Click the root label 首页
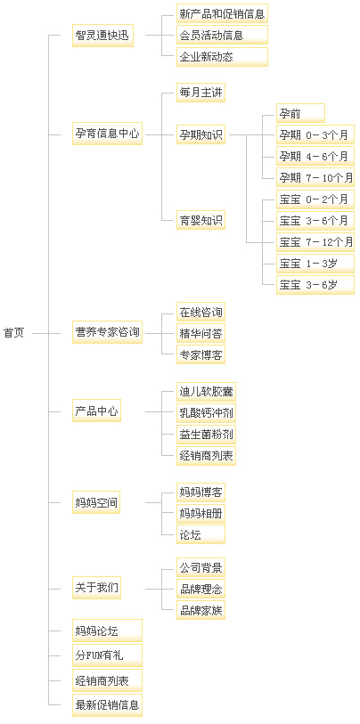13,333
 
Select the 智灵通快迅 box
102,36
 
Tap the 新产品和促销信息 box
222,14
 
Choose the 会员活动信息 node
222,35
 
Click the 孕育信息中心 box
107,134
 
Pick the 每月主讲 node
201,94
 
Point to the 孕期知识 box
201,134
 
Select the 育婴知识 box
201,219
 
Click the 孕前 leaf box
300,113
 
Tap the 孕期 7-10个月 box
315,177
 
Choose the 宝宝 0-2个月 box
315,200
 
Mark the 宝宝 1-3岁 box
315,264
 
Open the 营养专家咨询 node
107,332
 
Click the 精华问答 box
201,333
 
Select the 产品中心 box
96,411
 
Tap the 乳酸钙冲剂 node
206,412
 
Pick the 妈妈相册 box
201,514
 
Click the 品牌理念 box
201,590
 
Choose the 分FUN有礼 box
107,655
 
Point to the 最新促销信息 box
107,705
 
